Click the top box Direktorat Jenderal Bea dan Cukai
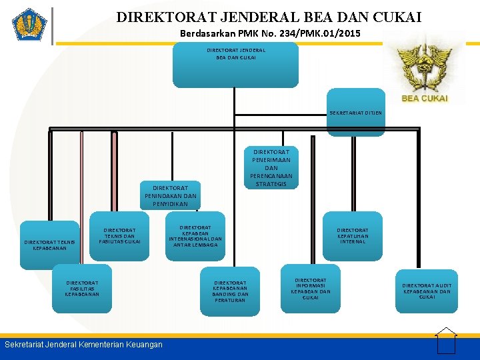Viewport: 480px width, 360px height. pyautogui.click(x=235, y=65)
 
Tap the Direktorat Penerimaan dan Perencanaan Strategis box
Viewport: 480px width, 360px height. pyautogui.click(x=271, y=167)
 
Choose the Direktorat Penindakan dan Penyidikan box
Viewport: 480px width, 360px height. pyautogui.click(x=170, y=194)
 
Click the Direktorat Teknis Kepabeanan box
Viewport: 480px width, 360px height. pyautogui.click(x=49, y=245)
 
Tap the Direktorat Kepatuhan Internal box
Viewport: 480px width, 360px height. pyautogui.click(x=352, y=235)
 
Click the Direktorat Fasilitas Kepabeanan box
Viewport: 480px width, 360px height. pyautogui.click(x=82, y=288)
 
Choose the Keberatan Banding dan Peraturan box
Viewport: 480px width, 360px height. pyautogui.click(x=230, y=291)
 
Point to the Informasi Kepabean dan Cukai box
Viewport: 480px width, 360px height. pyautogui.click(x=310, y=289)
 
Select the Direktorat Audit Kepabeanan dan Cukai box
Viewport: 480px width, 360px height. pyautogui.click(x=427, y=291)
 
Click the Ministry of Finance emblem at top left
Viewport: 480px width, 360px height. pyautogui.click(x=29, y=26)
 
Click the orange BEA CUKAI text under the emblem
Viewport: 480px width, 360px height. pyautogui.click(x=425, y=99)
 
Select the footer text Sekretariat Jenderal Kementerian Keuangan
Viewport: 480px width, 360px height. pyautogui.click(x=83, y=345)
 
